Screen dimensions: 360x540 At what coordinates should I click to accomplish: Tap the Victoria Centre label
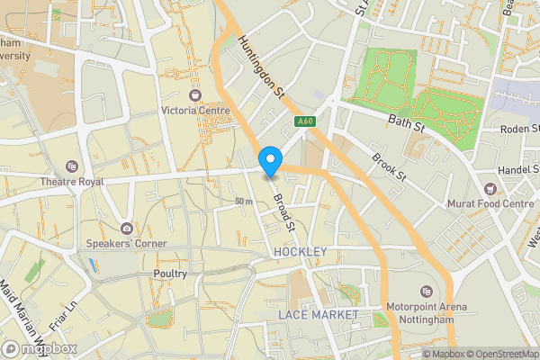195,111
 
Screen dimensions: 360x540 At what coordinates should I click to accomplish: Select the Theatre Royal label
73,181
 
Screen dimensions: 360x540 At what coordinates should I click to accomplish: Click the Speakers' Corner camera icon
127,229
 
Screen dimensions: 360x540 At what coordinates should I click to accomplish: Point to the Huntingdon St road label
262,66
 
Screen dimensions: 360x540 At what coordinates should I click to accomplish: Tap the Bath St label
405,120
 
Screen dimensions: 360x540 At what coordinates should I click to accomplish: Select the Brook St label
390,166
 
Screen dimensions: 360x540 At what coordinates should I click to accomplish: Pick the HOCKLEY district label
300,252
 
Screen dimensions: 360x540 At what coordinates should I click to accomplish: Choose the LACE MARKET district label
318,314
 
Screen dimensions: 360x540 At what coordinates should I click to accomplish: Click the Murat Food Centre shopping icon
490,189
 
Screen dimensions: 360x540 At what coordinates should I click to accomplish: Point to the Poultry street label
170,274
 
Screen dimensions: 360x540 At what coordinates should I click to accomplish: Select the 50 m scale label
244,201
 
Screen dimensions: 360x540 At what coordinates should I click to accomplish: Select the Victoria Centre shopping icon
195,95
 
